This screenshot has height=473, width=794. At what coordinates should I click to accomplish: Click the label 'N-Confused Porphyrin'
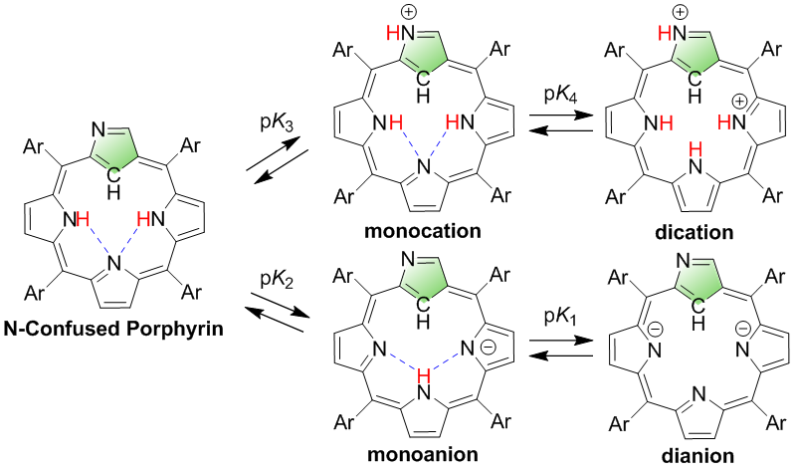click(116, 329)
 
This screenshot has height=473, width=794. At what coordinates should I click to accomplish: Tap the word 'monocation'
click(425, 231)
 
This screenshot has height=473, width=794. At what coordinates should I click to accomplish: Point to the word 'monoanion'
click(425, 457)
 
